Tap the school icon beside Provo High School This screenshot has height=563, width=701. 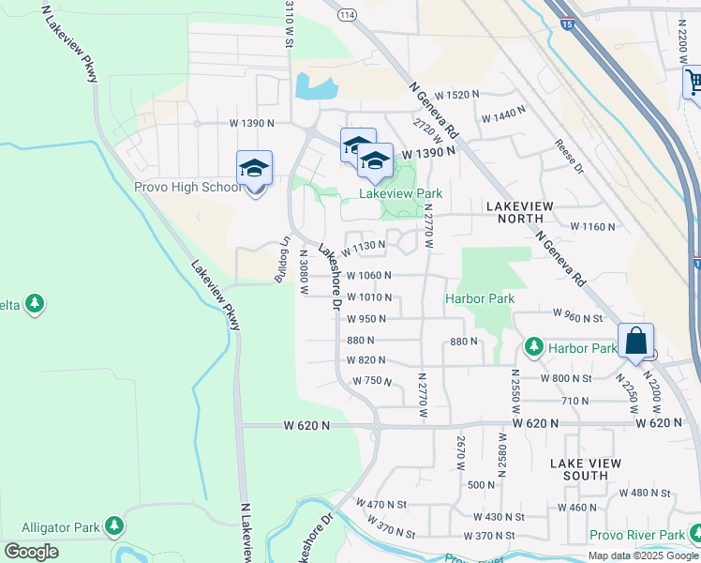tap(254, 170)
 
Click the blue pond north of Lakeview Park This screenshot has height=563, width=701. tap(317, 87)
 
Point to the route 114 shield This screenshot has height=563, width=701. tap(348, 15)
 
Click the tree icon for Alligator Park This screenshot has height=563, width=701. tap(114, 525)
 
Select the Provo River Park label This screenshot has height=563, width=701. tap(637, 536)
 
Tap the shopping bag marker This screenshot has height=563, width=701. tap(635, 342)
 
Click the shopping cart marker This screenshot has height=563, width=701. tap(694, 84)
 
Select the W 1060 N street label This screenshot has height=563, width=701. tap(368, 276)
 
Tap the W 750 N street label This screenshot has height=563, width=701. tap(371, 381)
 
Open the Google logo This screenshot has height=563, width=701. tap(31, 552)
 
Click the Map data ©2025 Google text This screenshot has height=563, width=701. tap(643, 555)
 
